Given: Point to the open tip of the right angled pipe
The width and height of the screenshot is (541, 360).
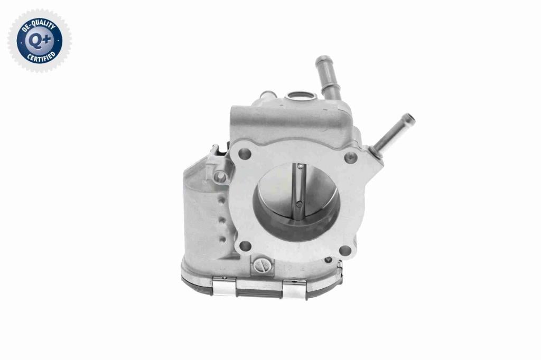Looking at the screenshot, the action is [409, 119].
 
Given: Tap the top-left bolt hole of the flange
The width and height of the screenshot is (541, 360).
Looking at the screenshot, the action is [245, 154].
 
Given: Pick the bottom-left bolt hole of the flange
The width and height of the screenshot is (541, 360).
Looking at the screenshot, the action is [245, 246].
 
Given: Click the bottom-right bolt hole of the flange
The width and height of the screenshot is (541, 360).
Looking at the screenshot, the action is [345, 251].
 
